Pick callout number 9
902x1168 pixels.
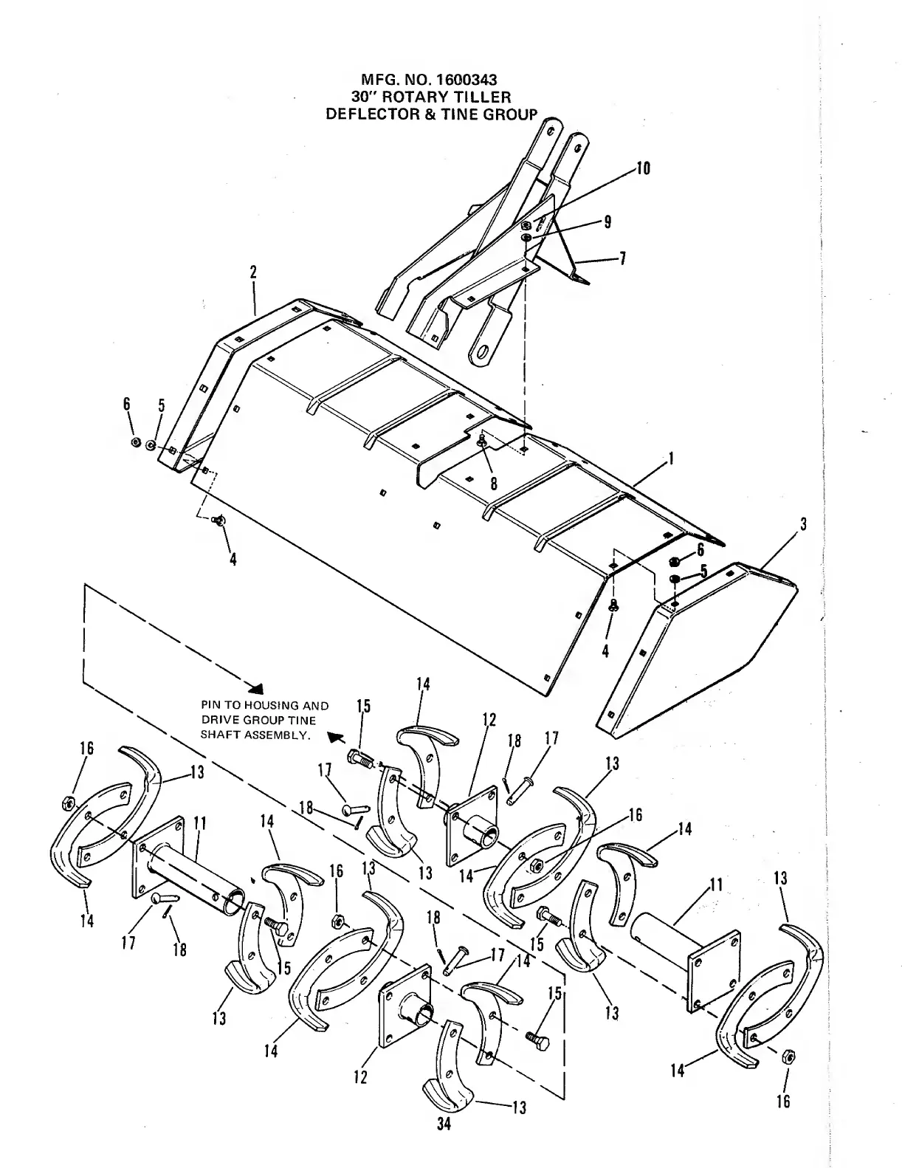(x=607, y=221)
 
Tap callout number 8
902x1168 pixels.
(x=493, y=483)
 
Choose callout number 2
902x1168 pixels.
(x=253, y=272)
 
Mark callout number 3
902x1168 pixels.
(x=803, y=525)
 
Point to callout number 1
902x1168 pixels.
(x=670, y=459)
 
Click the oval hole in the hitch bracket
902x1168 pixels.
(x=483, y=352)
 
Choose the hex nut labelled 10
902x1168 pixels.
(x=525, y=226)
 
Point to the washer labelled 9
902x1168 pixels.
(x=525, y=238)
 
